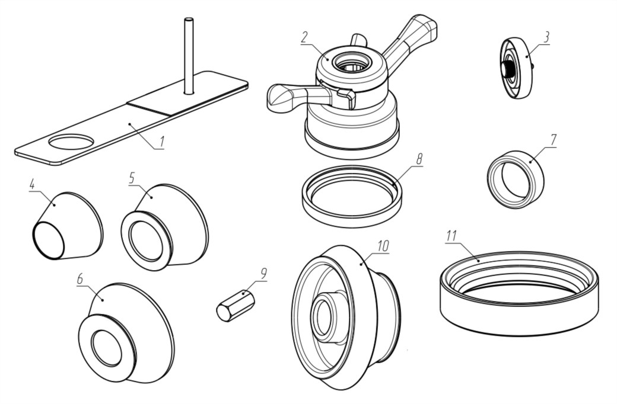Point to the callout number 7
(x=553, y=140)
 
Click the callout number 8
(x=419, y=159)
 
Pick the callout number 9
(x=263, y=273)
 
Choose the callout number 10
(x=384, y=245)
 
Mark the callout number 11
(x=451, y=235)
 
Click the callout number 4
(x=33, y=185)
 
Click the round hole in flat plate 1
(x=71, y=142)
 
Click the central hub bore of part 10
(x=323, y=316)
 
